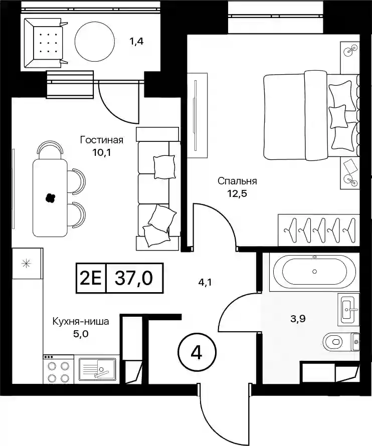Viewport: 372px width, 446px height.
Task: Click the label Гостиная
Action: (102, 140)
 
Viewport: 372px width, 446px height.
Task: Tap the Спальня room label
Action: (237, 181)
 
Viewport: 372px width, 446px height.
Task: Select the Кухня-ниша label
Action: (81, 321)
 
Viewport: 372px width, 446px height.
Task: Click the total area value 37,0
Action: (134, 278)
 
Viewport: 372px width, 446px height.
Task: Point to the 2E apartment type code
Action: (91, 278)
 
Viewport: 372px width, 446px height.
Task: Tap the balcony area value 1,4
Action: (137, 42)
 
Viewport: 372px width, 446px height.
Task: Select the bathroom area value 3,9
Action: (298, 319)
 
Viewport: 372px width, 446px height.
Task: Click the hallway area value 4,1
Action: (206, 283)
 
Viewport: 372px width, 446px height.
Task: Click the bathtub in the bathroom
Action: (314, 272)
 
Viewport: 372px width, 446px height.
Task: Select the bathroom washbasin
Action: (348, 309)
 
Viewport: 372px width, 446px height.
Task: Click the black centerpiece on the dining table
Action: (50, 197)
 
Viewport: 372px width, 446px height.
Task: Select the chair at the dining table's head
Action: (50, 150)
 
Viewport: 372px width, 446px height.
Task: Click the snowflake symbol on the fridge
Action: (26, 264)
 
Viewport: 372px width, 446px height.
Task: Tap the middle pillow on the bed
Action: (338, 117)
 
